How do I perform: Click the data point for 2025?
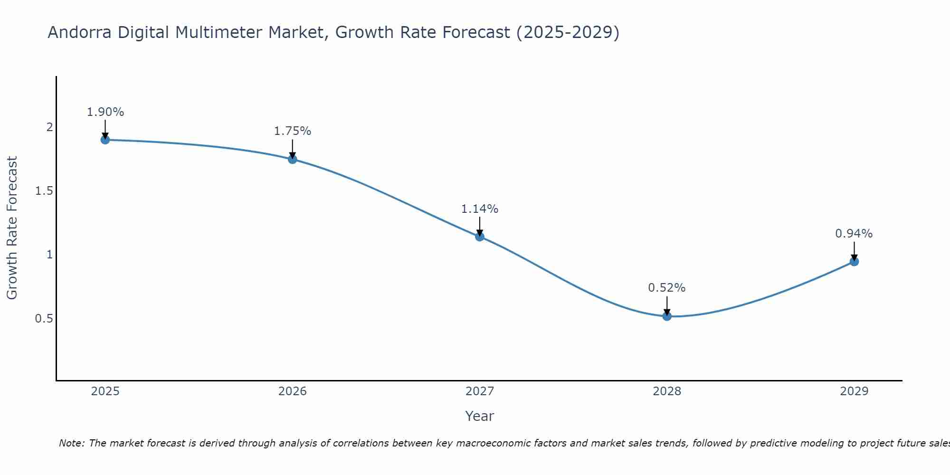coord(105,140)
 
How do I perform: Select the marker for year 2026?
coord(293,159)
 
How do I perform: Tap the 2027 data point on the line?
coord(480,237)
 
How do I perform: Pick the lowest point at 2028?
coord(667,316)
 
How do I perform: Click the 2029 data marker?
coord(854,262)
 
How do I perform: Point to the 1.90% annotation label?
coord(105,112)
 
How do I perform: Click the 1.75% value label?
coord(293,131)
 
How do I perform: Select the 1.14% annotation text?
coord(480,209)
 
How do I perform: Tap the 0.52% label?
coord(667,288)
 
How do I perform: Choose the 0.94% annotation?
coord(854,234)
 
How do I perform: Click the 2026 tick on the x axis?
coord(293,391)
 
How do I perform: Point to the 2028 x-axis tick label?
coord(667,391)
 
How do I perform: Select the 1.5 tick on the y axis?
coord(44,191)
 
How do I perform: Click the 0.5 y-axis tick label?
coord(44,318)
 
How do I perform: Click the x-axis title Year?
coord(480,416)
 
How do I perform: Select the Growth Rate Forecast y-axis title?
coord(12,228)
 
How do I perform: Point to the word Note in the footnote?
coord(71,443)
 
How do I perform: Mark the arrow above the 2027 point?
coord(480,226)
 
